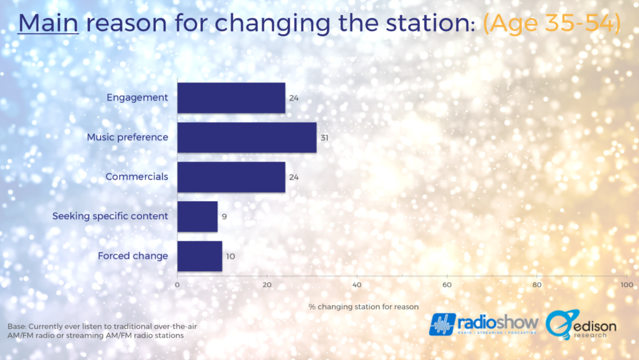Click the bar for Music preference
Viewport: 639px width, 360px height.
247,137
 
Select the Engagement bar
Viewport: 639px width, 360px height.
231,98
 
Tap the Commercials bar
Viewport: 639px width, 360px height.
231,177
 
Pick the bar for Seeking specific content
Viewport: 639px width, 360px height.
198,217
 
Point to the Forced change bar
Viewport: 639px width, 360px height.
200,256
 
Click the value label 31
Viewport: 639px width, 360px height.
324,138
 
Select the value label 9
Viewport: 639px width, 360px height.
224,217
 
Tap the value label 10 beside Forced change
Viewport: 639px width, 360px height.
230,256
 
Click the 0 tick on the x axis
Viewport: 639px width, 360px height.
177,285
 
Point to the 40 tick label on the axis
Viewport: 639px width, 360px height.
357,285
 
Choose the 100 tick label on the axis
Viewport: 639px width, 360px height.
627,285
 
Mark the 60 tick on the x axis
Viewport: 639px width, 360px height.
447,285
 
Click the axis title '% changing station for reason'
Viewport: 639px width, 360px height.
364,307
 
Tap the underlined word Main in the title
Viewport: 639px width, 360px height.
48,23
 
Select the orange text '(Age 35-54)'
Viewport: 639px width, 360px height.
552,23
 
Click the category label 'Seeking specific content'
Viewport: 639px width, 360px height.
110,216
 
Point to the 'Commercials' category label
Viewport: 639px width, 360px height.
137,176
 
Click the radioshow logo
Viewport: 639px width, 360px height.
484,324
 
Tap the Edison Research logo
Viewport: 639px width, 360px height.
581,325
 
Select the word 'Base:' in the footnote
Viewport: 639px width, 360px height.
17,326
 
